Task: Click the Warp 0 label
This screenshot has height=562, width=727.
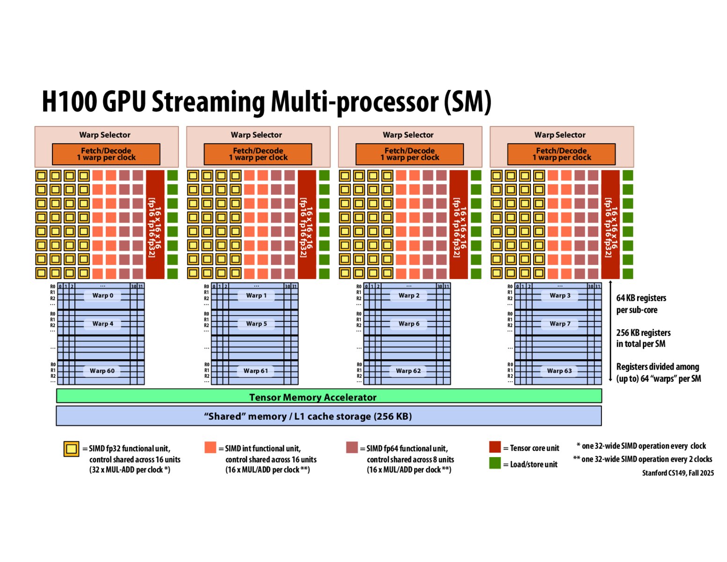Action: (103, 296)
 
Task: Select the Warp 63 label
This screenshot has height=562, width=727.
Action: (559, 370)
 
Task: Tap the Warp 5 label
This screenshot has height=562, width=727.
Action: (256, 324)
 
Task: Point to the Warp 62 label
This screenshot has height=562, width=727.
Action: (408, 370)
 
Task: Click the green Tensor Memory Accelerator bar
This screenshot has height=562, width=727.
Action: (329, 397)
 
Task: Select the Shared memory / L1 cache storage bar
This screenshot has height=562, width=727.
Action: (329, 416)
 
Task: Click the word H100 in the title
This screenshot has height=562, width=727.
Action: (69, 101)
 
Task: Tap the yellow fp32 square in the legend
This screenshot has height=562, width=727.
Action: (71, 449)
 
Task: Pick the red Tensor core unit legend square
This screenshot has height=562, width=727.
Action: (495, 447)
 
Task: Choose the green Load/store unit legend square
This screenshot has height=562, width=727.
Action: (495, 463)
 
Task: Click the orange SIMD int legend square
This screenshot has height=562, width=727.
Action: (210, 447)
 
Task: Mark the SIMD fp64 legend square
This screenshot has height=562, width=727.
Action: (352, 447)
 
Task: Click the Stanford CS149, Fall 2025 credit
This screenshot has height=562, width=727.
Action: (677, 473)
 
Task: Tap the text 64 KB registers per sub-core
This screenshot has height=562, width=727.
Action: (641, 303)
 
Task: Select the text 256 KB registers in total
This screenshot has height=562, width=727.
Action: (643, 338)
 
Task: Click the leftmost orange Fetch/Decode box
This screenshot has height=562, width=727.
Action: (106, 154)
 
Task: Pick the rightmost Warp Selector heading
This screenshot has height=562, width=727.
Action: (560, 135)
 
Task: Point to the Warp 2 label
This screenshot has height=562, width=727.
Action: (409, 296)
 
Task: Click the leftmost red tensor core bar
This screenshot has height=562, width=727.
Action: (155, 224)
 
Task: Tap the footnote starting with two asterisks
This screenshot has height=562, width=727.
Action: (642, 459)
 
